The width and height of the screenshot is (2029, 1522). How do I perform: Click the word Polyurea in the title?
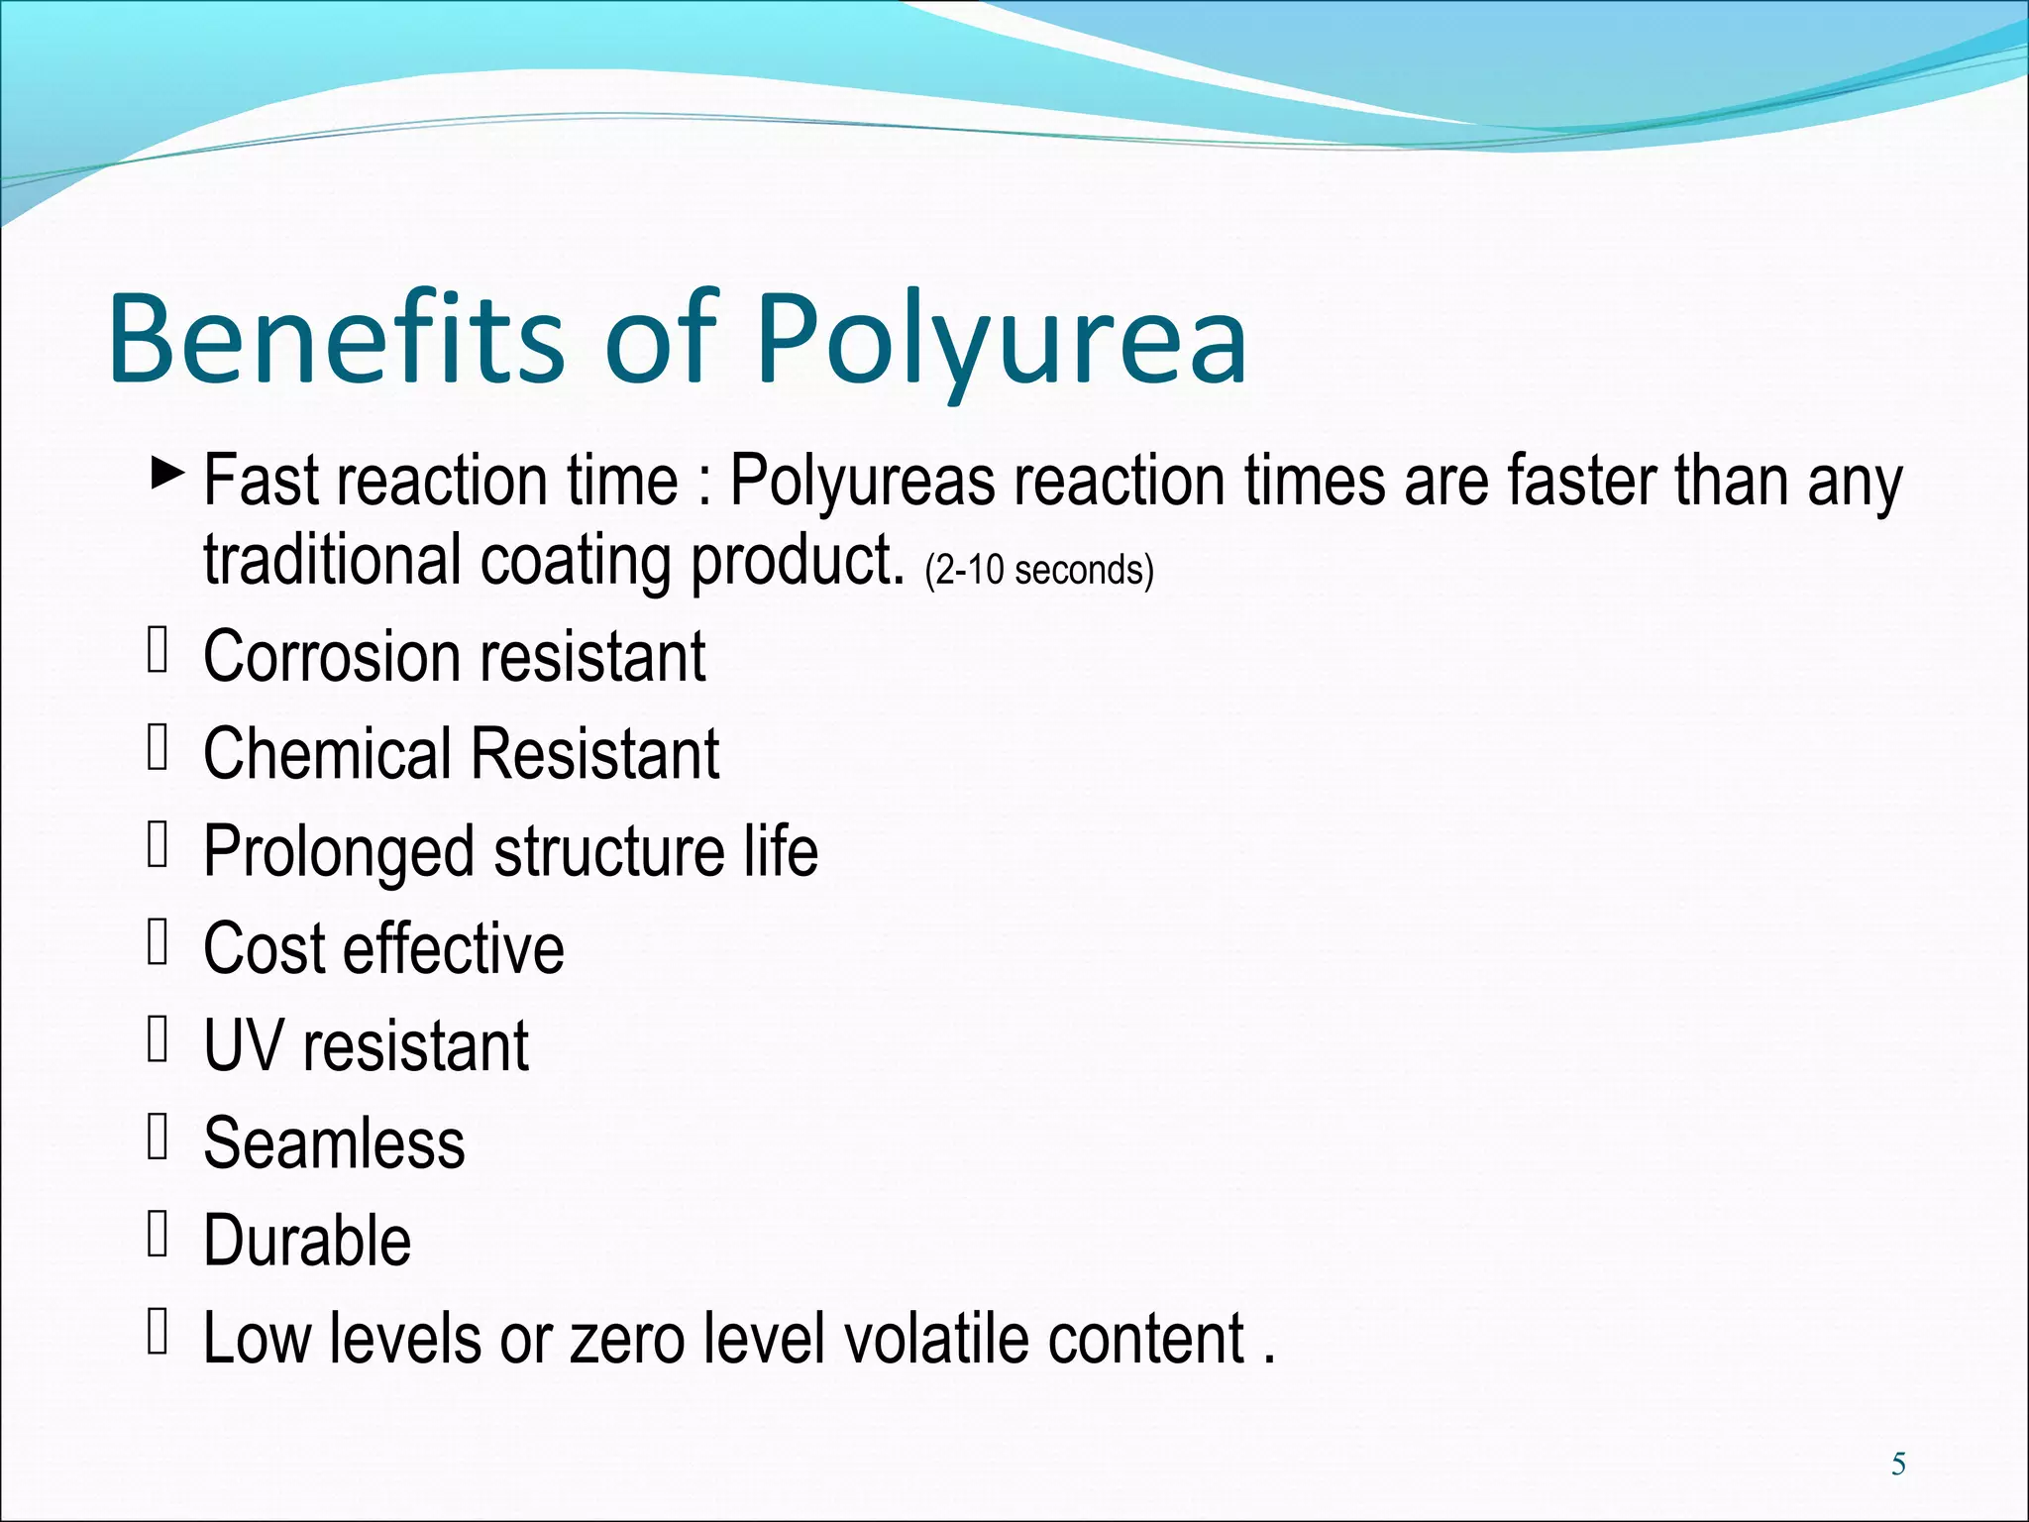pos(1001,339)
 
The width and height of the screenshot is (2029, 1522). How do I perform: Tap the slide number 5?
pos(1898,1464)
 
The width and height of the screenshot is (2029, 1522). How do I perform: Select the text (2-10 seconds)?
pos(1039,571)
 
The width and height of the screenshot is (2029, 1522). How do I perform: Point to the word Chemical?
pos(326,754)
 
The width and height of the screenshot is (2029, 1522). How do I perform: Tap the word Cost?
pos(264,949)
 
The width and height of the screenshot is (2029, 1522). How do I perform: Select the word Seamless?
pos(334,1143)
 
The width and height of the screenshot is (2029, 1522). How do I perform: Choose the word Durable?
pos(307,1241)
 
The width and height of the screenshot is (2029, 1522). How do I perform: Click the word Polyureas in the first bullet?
pos(862,482)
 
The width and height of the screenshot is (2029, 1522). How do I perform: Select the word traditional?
pos(333,560)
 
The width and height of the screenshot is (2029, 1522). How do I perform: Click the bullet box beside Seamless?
pos(158,1137)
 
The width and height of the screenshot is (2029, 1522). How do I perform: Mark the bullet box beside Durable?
pos(158,1234)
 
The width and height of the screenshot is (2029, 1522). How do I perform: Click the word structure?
pos(609,852)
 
